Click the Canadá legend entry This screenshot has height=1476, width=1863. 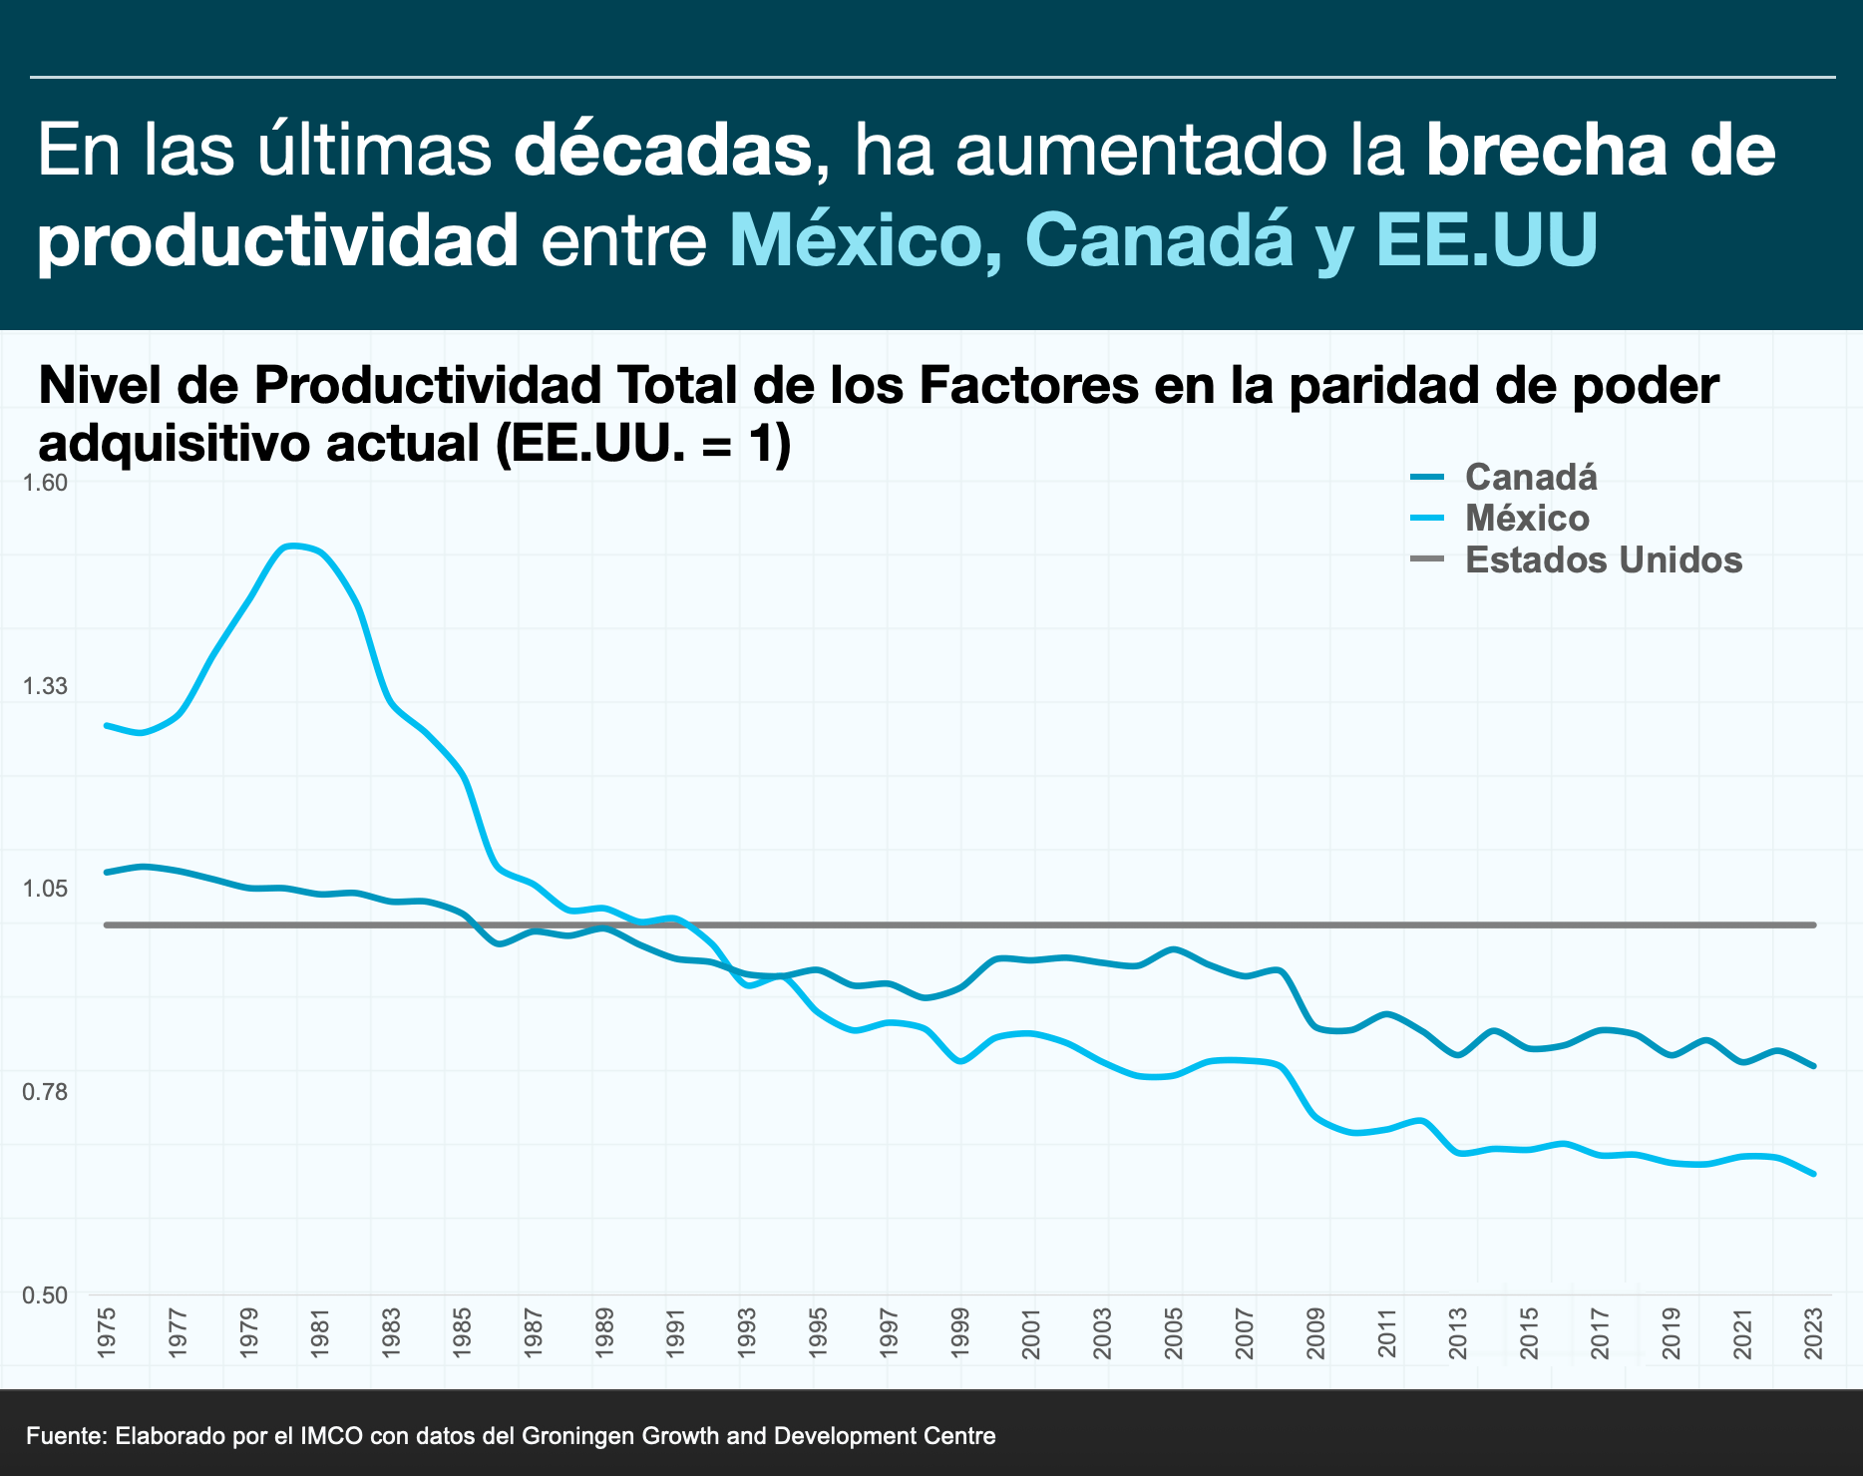pos(1530,478)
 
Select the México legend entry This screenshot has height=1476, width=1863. pos(1526,519)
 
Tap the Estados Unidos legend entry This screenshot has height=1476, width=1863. pos(1603,560)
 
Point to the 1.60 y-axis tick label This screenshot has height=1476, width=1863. pos(44,483)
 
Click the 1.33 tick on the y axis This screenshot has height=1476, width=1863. pos(44,686)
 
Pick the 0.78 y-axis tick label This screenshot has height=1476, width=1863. pos(44,1092)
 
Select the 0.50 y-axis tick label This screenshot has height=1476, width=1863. pos(44,1295)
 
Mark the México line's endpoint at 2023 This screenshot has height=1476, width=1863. pos(1814,1174)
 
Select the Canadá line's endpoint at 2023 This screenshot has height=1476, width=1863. pos(1814,1066)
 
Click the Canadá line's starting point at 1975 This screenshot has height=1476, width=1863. pos(107,872)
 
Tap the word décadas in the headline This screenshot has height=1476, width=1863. pos(662,150)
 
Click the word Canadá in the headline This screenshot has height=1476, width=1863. pos(1159,239)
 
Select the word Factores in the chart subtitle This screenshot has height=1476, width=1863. pos(1027,385)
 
